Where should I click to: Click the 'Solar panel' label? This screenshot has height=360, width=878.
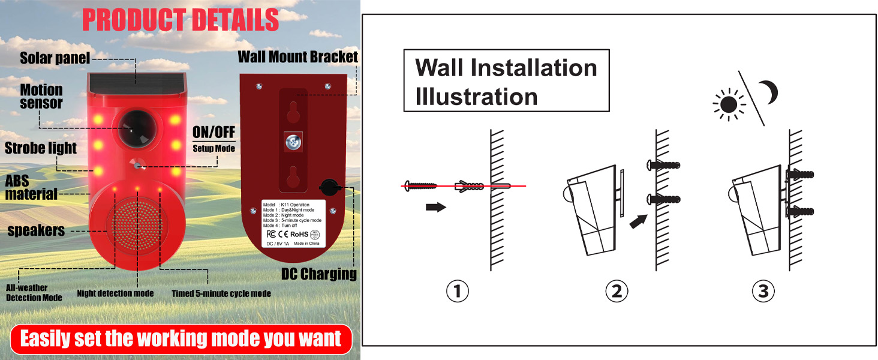point(55,58)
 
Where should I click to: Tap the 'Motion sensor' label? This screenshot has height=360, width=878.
point(41,96)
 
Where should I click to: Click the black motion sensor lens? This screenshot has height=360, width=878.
point(134,127)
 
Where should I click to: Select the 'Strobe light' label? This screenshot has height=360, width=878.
point(41,148)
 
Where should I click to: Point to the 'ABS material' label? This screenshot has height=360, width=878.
point(31,187)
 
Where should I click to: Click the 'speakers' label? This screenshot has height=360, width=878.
point(36,230)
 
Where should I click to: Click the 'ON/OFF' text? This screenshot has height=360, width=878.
point(214,132)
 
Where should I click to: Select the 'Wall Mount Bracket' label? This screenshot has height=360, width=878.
point(298,58)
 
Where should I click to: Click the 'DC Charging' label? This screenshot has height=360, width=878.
point(319,274)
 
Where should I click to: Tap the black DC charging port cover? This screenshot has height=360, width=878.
point(328,187)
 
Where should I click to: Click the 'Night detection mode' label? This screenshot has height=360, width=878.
point(115,293)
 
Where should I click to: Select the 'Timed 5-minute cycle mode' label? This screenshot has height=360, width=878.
point(221,293)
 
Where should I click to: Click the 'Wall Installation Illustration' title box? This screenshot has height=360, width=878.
point(506,81)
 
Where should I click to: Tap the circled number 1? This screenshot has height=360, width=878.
point(458,292)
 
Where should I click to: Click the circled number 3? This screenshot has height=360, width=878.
point(763,292)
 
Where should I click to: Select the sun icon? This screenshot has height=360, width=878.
point(729,105)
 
